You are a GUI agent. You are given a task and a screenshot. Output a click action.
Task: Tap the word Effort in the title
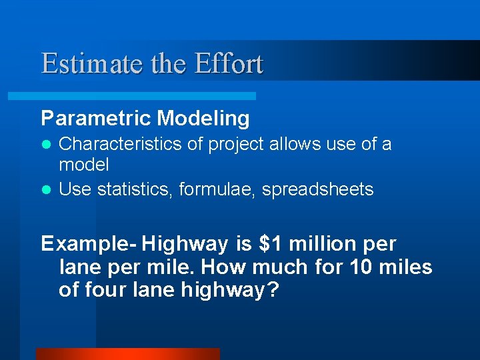point(229,64)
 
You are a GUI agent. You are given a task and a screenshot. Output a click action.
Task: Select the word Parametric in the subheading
point(96,119)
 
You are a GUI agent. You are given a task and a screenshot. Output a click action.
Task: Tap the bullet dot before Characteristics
point(46,145)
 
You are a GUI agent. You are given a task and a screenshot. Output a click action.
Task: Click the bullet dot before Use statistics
point(46,190)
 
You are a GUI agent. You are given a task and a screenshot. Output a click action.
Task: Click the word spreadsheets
point(317,190)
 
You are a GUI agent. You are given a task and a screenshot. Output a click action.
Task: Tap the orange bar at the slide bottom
point(127,354)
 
